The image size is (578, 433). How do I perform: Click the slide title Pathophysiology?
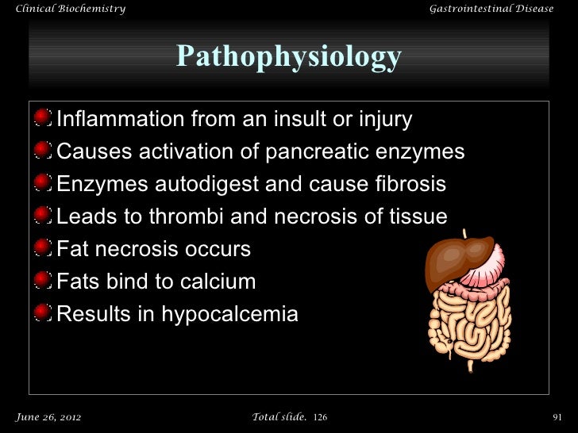point(288,56)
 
